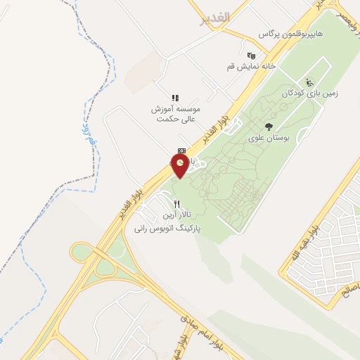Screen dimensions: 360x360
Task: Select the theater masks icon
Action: [x=251, y=55]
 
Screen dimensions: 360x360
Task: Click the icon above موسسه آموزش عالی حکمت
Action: [x=175, y=98]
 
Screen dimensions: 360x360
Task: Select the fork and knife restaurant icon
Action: [x=167, y=204]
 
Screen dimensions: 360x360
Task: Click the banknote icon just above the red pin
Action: [x=181, y=150]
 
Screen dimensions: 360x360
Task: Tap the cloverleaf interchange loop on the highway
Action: [x=105, y=268]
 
